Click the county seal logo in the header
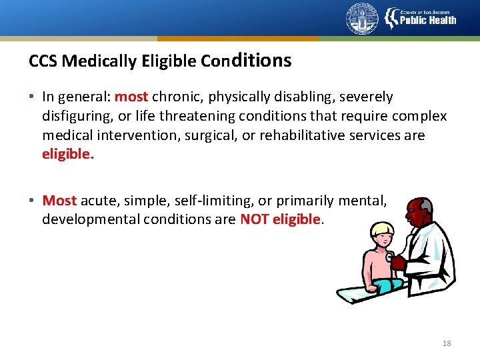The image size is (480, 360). (x=362, y=19)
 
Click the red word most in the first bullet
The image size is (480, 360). (x=131, y=97)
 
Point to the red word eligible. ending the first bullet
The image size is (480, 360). (x=68, y=155)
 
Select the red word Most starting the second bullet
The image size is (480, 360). (x=60, y=200)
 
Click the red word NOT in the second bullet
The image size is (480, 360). (x=255, y=219)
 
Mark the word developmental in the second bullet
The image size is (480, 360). (x=91, y=219)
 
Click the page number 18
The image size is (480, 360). (x=447, y=343)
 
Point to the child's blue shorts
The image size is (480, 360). (x=387, y=284)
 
